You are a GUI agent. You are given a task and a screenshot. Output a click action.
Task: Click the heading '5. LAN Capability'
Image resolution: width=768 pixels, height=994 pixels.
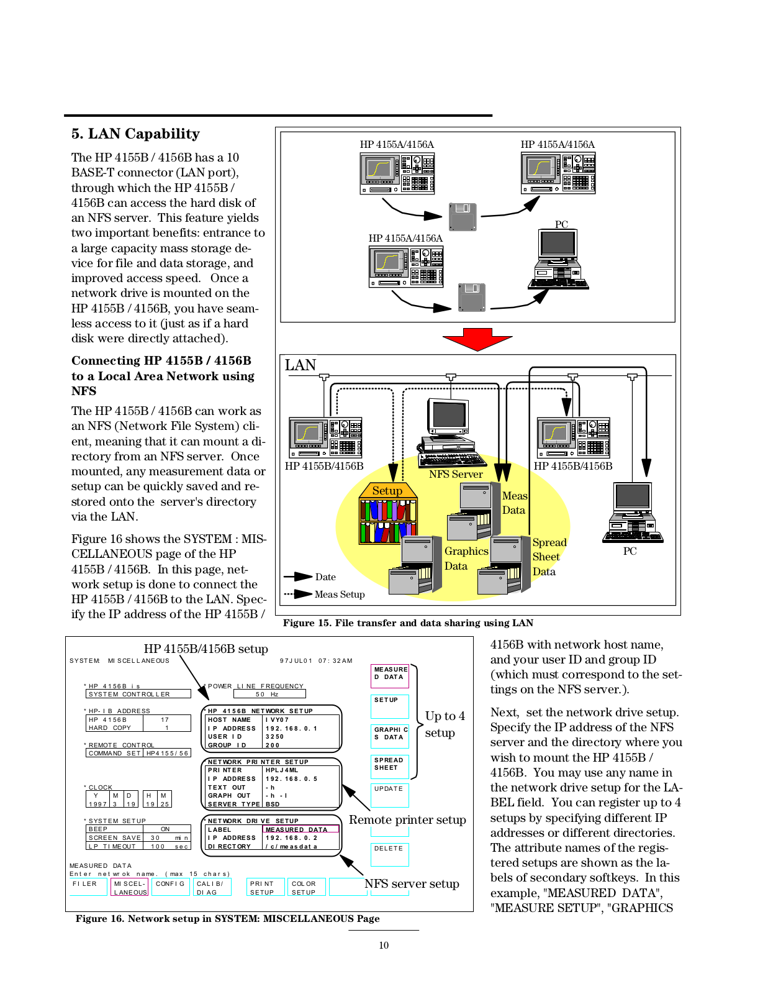(135, 134)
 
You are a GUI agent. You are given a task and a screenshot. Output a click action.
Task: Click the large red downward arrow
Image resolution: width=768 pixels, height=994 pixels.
(477, 339)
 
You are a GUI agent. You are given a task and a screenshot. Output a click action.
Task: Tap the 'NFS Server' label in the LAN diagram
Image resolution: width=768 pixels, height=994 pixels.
(455, 475)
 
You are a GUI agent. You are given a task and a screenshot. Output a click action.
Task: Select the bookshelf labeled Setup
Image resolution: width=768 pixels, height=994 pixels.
(388, 513)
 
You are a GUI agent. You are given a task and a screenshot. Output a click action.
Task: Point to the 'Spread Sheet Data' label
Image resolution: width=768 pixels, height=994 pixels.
(549, 557)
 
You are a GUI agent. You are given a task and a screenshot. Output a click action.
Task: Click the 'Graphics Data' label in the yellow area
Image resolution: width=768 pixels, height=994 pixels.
(466, 559)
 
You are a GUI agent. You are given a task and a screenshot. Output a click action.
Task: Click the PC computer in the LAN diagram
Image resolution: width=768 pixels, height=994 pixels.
(632, 513)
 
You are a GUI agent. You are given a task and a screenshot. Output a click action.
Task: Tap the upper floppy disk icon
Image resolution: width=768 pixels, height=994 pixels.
(463, 216)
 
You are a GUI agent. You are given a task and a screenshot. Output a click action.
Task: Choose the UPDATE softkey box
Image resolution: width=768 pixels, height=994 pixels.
(389, 795)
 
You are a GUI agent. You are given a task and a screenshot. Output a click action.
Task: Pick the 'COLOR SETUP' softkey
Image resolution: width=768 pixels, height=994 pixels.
(306, 887)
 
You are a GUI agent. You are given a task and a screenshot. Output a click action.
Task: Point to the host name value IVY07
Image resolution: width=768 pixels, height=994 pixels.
(277, 719)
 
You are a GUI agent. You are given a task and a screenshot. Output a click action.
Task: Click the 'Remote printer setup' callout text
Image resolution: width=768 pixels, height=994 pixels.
(407, 819)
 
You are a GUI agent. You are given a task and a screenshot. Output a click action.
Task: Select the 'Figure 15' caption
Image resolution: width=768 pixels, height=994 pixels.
(408, 623)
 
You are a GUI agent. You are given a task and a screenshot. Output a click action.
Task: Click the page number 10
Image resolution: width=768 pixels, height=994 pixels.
(384, 945)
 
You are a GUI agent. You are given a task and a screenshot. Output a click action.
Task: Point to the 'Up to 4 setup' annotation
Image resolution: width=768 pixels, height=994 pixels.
(445, 724)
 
